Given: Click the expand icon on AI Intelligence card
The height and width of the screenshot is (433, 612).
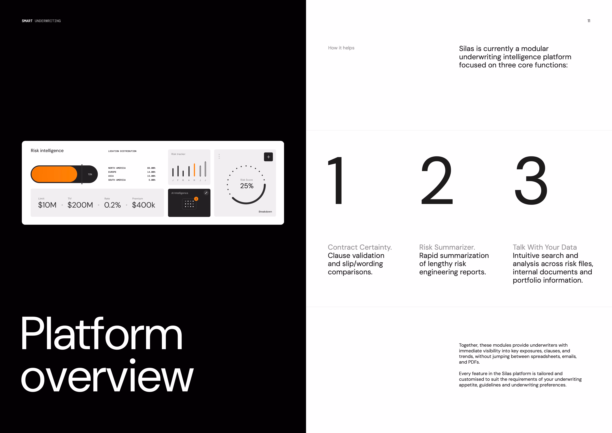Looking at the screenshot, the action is click(206, 193).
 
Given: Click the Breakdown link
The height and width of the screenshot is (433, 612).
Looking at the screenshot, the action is click(265, 212).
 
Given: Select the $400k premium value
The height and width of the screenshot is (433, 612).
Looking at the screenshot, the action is click(143, 205).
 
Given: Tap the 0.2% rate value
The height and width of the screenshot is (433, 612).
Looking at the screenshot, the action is click(113, 205).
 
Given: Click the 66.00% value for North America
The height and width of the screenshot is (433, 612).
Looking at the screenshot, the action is click(151, 168).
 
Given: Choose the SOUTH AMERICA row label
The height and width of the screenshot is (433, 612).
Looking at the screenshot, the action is click(117, 180).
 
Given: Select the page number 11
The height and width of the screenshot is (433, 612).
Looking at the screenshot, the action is click(589, 21).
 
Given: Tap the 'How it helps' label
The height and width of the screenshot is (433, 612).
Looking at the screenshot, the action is click(341, 48).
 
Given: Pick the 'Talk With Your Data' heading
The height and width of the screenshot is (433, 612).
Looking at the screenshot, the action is click(545, 247).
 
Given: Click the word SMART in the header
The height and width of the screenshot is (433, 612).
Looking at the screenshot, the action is click(27, 21).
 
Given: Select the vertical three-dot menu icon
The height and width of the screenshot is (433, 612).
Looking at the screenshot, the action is click(219, 156).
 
